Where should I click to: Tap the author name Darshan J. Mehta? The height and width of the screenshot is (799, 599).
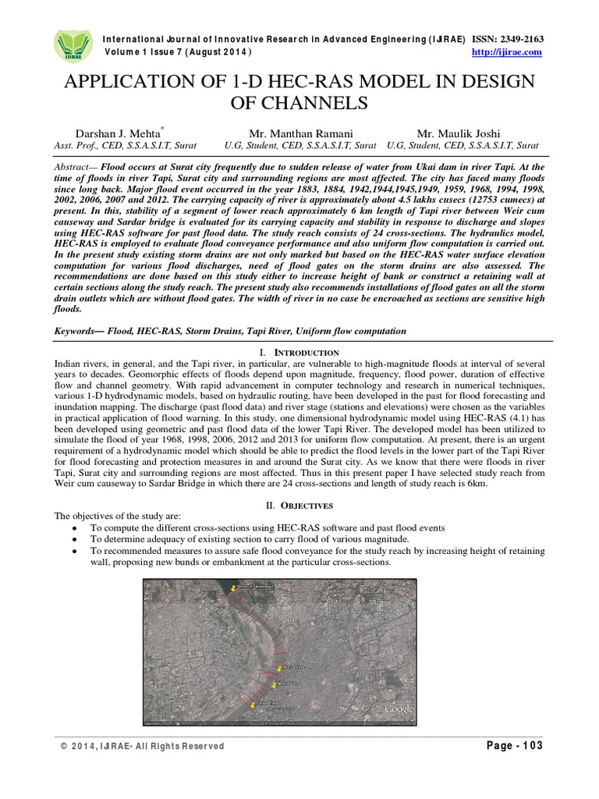[x=117, y=133]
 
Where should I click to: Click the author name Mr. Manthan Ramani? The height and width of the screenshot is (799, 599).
[x=300, y=133]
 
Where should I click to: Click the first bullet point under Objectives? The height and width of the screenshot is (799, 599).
[x=73, y=528]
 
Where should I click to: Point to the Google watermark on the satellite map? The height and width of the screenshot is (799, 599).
[x=398, y=708]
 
